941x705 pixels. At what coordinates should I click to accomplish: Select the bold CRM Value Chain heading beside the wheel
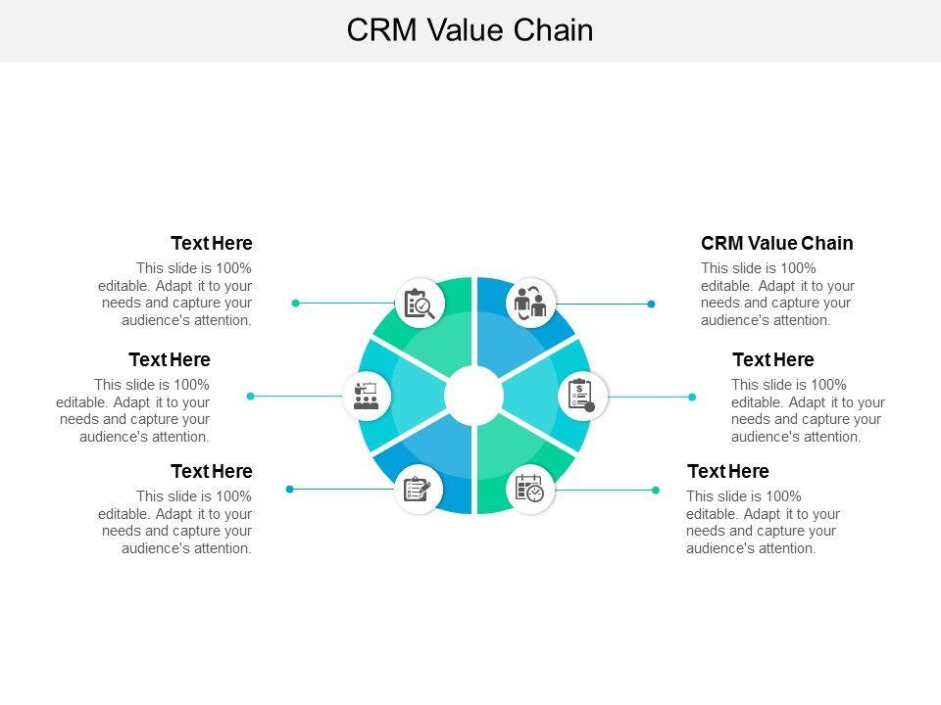pos(776,243)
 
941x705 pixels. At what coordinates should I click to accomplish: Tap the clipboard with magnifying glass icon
pos(420,304)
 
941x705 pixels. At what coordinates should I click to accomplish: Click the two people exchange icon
pos(530,303)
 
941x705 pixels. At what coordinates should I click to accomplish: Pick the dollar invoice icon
pos(581,396)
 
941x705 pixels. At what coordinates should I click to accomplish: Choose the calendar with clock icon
pos(529,489)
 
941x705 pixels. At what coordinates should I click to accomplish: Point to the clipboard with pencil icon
pos(418,490)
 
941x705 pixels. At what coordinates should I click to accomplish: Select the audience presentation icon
pos(366,397)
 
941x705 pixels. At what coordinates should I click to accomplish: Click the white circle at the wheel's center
pos(473,396)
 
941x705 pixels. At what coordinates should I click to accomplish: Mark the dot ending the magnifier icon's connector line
pos(295,304)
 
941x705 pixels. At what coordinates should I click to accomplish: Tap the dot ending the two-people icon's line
pos(651,304)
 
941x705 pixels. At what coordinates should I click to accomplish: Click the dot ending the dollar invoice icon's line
pos(692,397)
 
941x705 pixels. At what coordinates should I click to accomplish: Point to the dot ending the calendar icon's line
pos(656,490)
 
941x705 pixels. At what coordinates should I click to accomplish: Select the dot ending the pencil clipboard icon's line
pos(290,490)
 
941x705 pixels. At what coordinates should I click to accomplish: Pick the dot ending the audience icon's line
pos(251,396)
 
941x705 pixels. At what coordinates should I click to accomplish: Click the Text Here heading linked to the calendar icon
pos(728,471)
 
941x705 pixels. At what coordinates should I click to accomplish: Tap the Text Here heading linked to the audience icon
pos(170,359)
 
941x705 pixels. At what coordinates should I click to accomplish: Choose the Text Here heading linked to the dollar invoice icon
pos(773,359)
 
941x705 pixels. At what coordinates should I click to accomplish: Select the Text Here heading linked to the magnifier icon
pos(212,243)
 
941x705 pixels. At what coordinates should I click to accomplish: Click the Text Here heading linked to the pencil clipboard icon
pos(212,471)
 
